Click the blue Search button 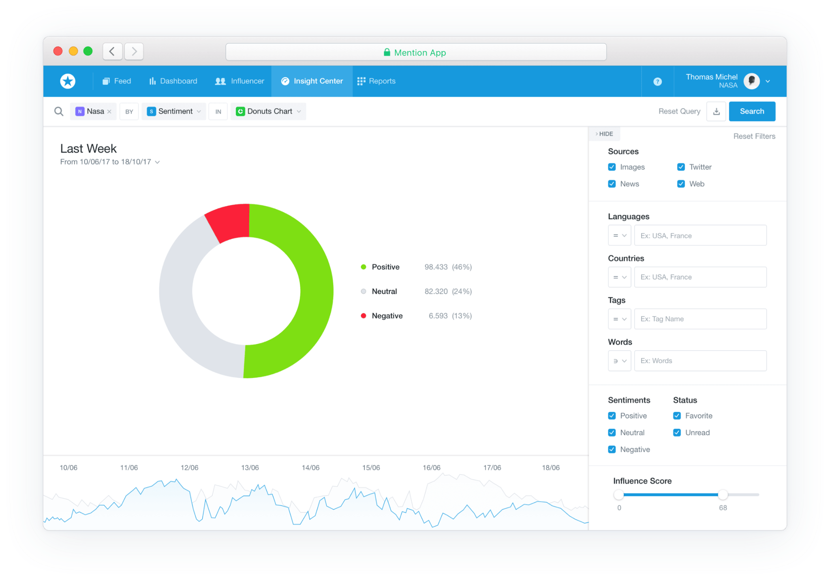tap(752, 111)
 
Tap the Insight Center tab tap(312, 81)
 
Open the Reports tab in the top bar tap(376, 81)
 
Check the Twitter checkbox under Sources tap(681, 167)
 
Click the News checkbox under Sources tap(612, 184)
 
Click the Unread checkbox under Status tap(677, 433)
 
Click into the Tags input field tap(700, 319)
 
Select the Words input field tap(700, 361)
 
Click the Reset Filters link tap(754, 136)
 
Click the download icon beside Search tap(716, 111)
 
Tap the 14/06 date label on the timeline tap(310, 468)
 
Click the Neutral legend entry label tap(384, 292)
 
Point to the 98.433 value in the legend tap(436, 267)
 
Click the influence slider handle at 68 tap(723, 495)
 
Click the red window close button tap(58, 51)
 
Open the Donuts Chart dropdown tap(269, 111)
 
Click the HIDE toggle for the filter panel tap(604, 134)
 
